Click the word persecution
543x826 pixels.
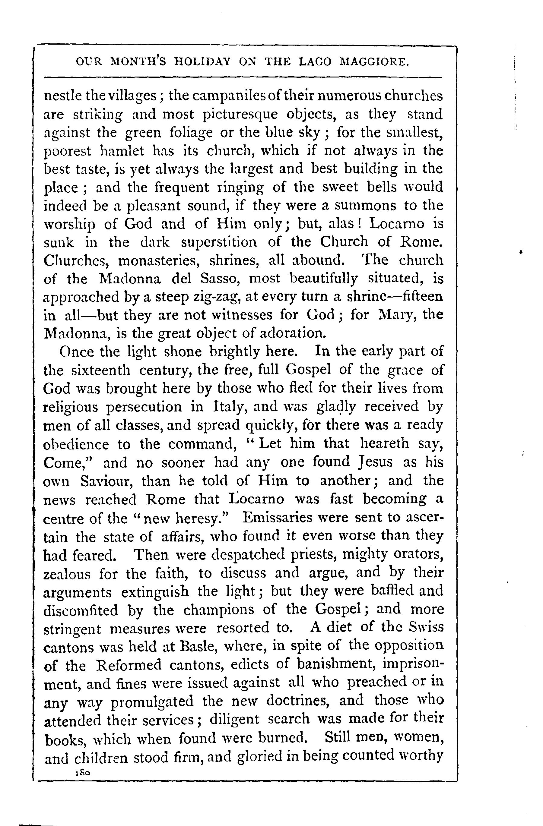[x=143, y=407]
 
